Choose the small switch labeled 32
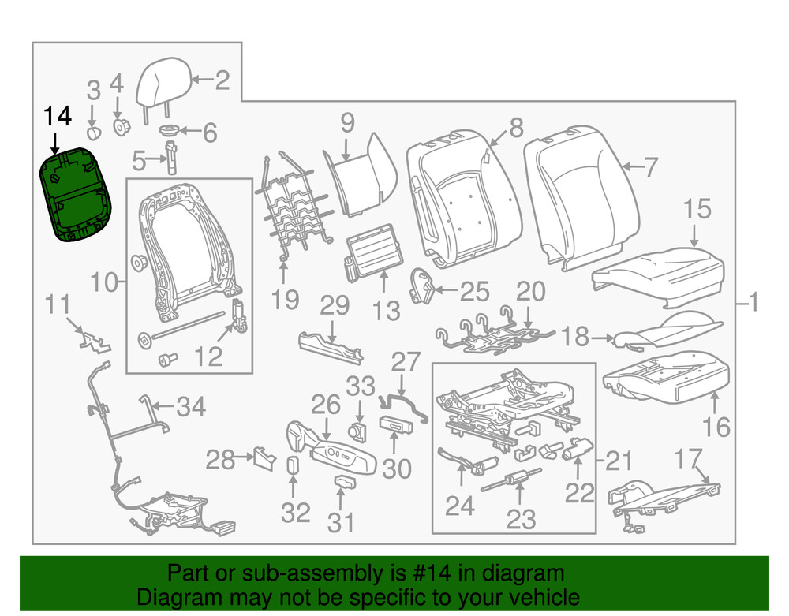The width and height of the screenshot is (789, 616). click(x=290, y=465)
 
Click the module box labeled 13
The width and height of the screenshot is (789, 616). click(x=372, y=257)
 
